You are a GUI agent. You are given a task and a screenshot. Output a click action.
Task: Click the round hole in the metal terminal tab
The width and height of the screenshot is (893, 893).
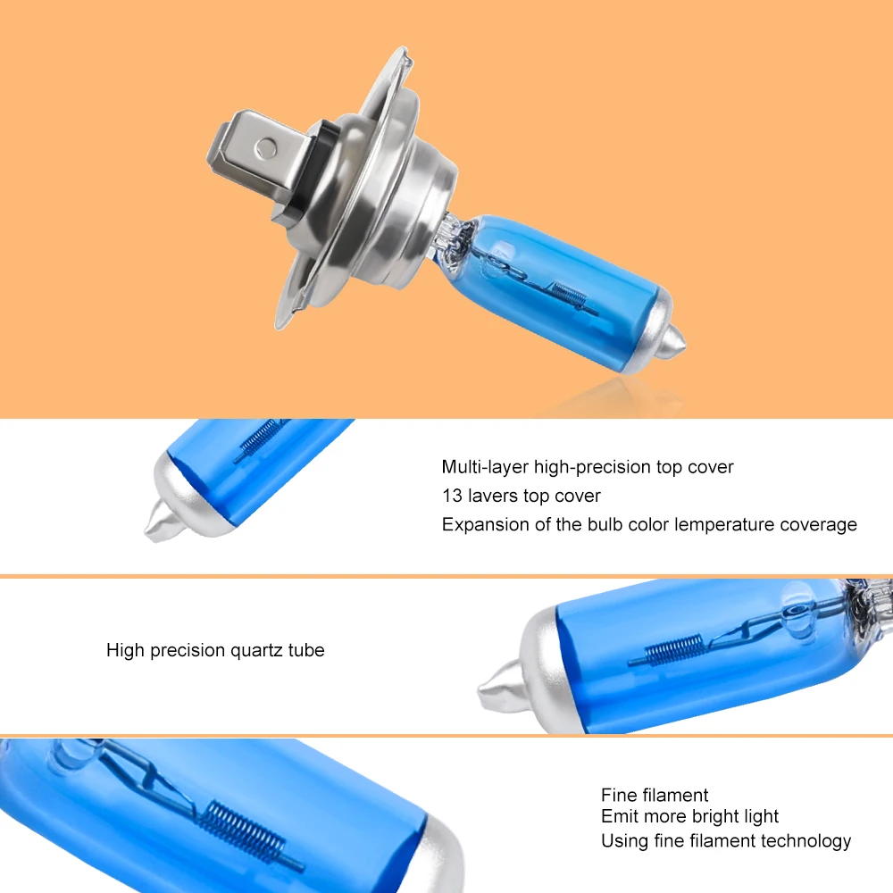[266, 148]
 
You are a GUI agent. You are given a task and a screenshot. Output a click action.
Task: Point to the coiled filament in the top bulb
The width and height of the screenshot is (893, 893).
[570, 296]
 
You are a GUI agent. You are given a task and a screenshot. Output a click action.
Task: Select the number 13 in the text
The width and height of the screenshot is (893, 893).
[452, 496]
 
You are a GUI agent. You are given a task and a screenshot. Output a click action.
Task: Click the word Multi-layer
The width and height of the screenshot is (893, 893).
[485, 467]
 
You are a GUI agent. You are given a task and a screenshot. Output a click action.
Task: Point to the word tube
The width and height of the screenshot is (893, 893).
[306, 650]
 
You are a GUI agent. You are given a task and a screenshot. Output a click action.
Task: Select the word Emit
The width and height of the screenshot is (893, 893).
[617, 816]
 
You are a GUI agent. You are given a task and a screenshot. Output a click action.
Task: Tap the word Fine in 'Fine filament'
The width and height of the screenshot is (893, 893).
[617, 795]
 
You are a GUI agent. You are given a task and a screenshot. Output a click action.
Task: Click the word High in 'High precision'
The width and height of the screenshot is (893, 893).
[125, 650]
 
